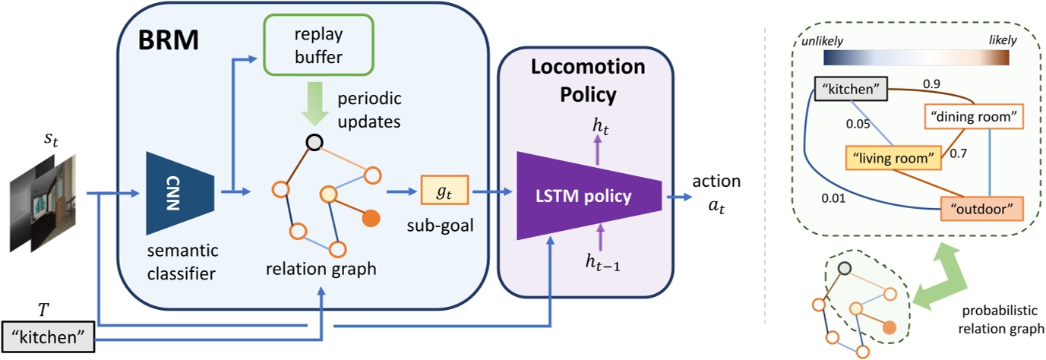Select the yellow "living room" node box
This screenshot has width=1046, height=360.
887,158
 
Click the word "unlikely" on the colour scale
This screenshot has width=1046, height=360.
820,38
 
